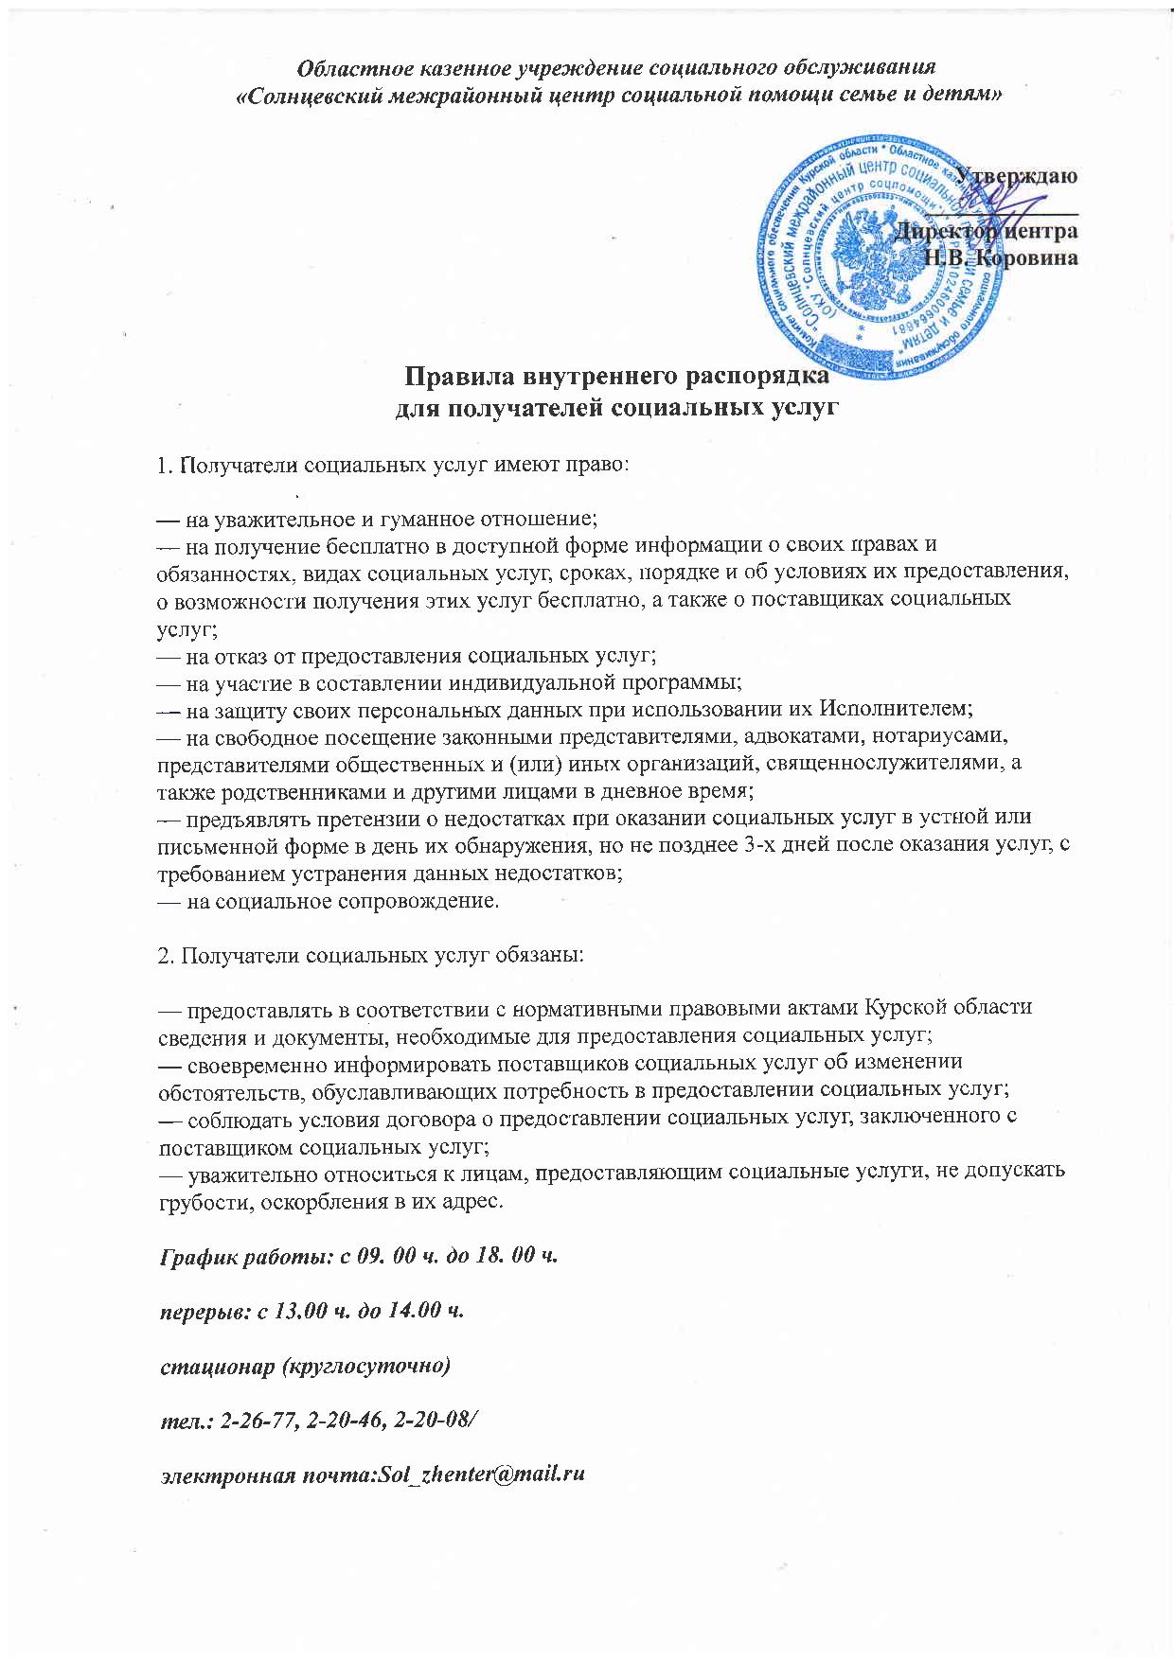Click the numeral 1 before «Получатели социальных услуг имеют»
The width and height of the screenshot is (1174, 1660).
coord(162,467)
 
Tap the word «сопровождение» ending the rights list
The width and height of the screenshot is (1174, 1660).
coord(419,900)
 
